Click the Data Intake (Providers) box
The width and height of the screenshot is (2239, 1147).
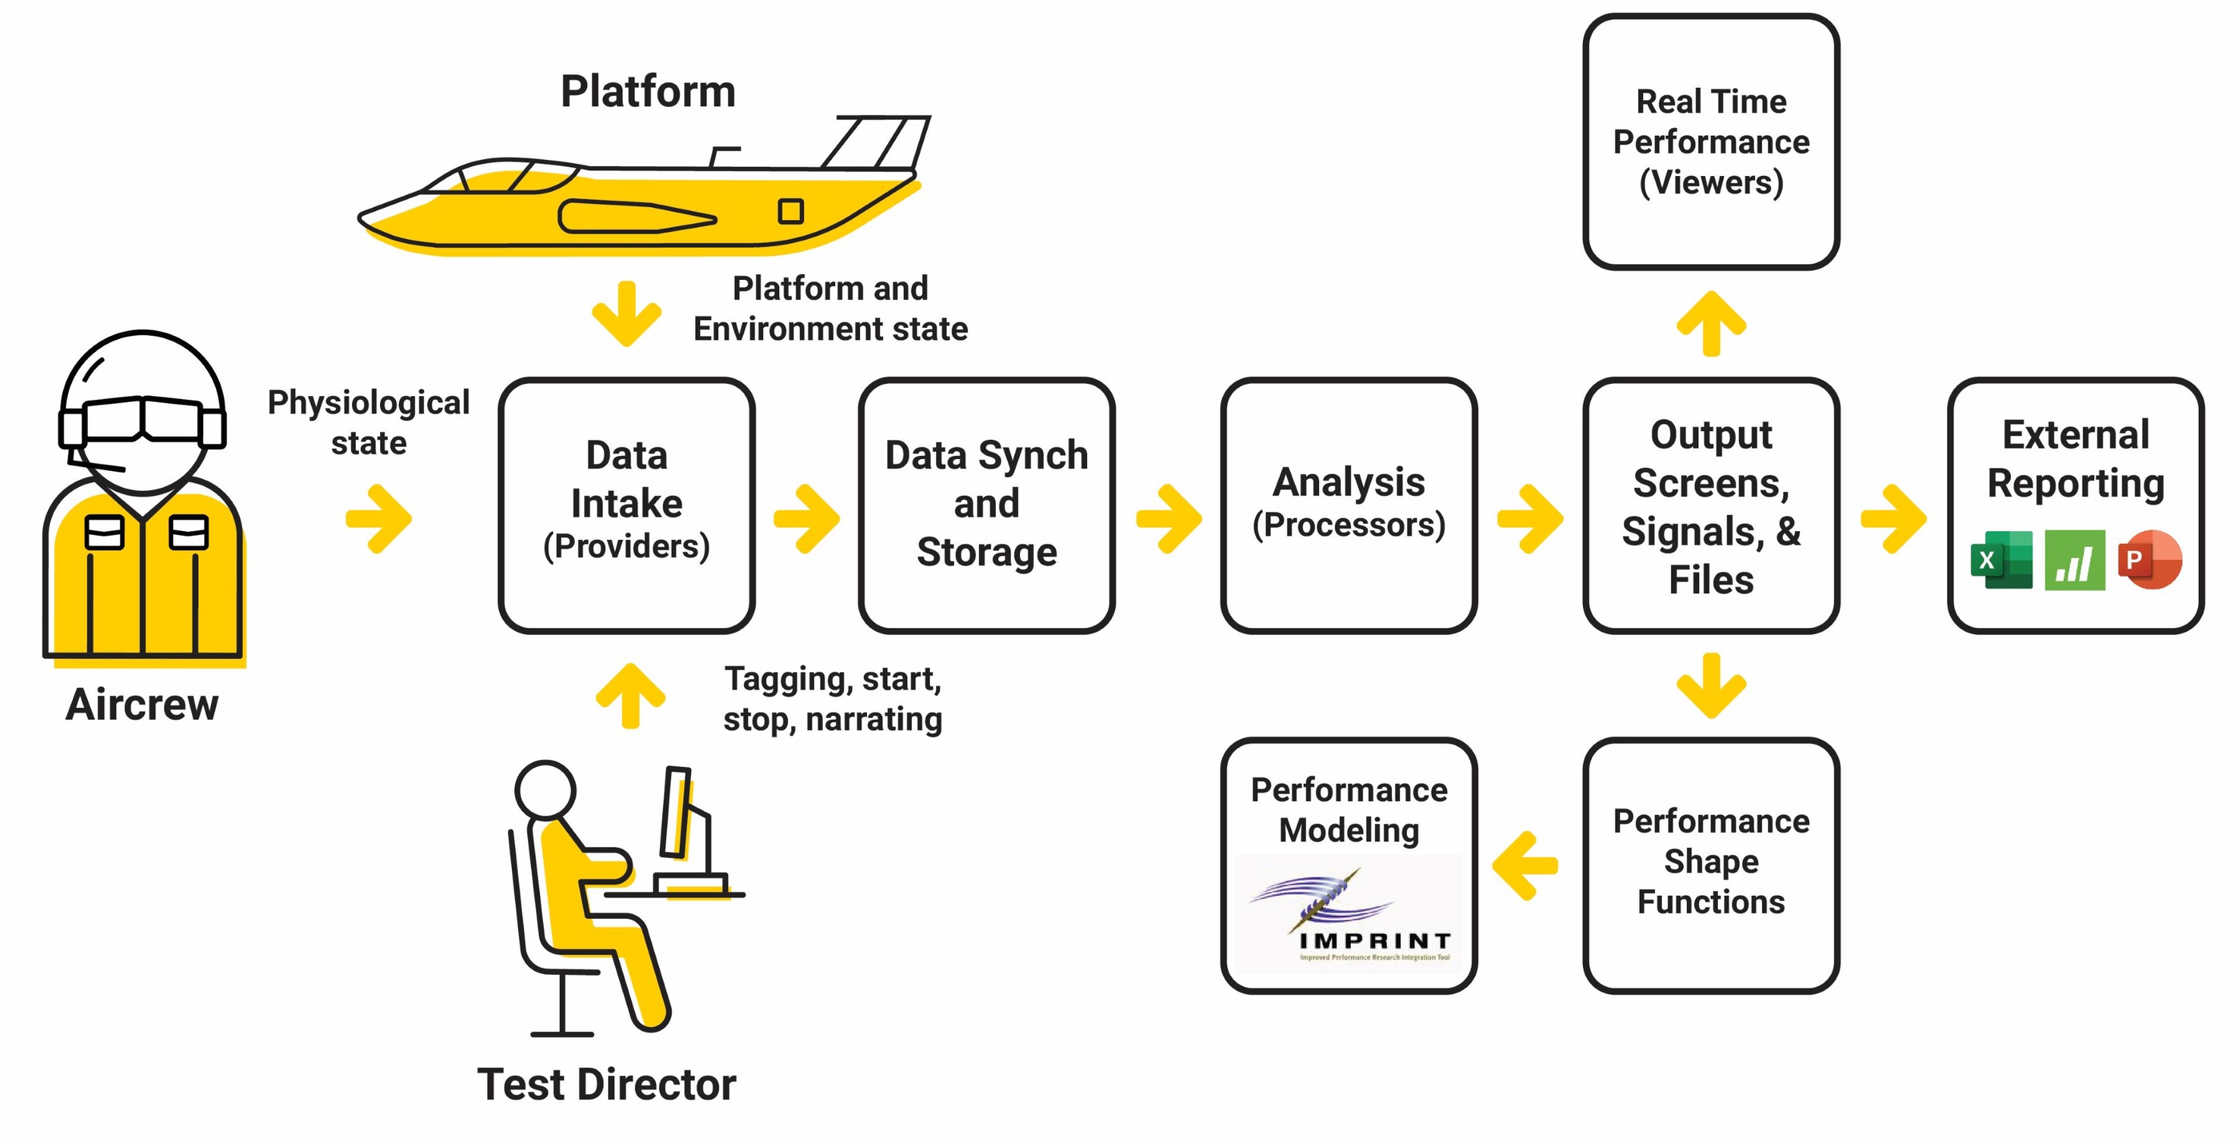(626, 505)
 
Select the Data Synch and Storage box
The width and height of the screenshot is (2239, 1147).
(987, 505)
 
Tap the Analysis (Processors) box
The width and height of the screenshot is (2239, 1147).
(1348, 505)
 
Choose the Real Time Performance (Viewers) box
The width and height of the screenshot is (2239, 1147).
(1710, 142)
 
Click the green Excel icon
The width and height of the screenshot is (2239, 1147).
(2001, 560)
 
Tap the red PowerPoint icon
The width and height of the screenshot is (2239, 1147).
(2150, 559)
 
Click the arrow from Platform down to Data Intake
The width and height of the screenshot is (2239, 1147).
(626, 313)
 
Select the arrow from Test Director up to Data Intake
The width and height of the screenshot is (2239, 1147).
(630, 696)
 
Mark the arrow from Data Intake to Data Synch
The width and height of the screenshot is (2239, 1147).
(806, 518)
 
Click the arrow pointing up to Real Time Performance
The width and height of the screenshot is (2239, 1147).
(1710, 323)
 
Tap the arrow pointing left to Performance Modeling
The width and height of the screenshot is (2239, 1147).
(1525, 866)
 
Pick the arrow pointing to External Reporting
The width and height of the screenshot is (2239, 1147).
(1893, 518)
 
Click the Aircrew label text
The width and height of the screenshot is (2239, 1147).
(142, 705)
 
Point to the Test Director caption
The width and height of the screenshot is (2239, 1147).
(606, 1084)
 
